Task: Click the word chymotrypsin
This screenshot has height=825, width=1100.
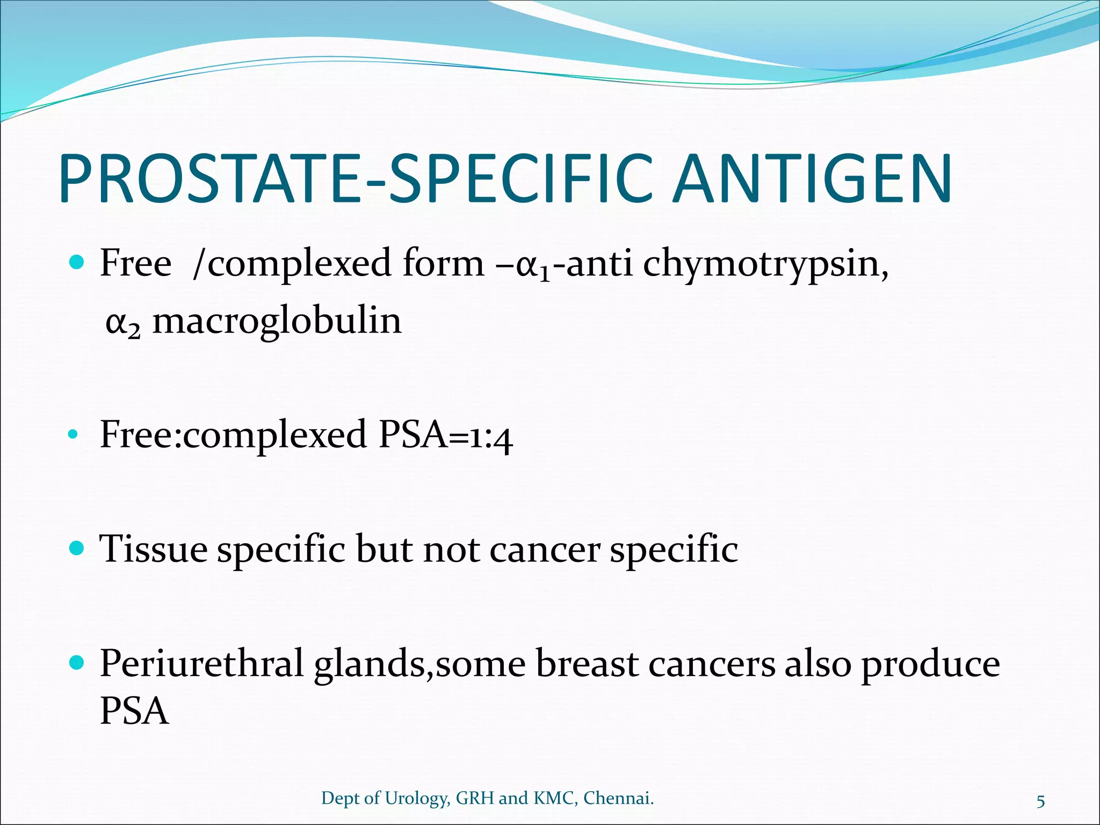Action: coord(765,264)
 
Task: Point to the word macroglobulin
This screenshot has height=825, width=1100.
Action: coord(277,321)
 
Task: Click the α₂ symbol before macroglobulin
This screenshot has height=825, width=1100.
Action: coord(122,323)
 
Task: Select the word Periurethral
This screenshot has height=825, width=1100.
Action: coord(202,664)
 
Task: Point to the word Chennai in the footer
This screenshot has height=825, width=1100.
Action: coord(618,799)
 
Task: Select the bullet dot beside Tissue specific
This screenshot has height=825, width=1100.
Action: coord(77,548)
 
